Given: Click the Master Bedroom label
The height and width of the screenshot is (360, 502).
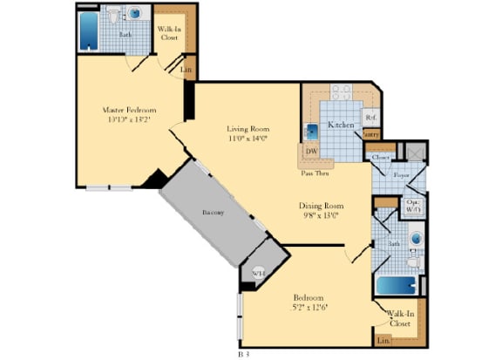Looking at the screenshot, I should [128, 111].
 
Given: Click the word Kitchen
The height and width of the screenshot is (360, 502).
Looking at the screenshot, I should [341, 125].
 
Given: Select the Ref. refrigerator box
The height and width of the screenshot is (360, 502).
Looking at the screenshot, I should [370, 117].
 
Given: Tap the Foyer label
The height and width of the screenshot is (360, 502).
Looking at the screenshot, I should [401, 175].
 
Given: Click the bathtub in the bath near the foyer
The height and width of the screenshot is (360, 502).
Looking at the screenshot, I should [397, 285].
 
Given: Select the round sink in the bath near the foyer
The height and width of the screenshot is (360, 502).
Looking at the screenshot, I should [416, 237].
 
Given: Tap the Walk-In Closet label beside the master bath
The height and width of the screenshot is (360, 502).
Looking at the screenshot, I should [170, 33].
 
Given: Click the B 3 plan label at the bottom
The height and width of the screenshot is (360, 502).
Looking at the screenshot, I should [245, 354].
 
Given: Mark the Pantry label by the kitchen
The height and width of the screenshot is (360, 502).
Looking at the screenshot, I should [371, 134].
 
